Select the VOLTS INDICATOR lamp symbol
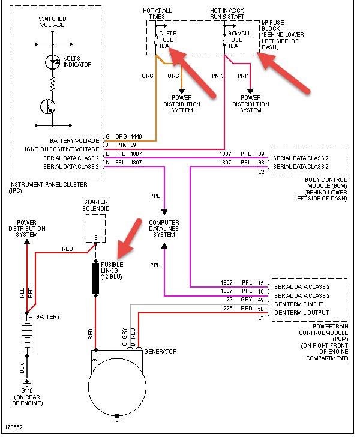53,62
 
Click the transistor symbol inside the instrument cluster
48,106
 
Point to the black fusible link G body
96,279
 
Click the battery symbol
27,334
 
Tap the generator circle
117,387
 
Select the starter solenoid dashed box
96,228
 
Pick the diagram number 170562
14,427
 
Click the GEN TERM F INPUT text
299,304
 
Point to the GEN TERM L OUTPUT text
302,313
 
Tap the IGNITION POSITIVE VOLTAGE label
62,149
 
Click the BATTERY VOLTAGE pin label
74,140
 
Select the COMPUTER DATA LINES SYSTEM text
164,228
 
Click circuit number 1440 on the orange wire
136,137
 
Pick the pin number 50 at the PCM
260,309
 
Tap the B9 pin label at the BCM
261,154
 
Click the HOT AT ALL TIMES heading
157,14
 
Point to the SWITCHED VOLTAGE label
52,22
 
